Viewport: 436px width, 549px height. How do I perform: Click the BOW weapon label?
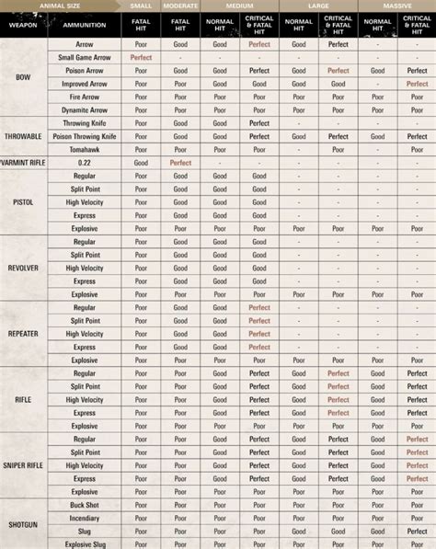tap(24, 76)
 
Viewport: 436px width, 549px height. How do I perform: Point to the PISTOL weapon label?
tap(24, 201)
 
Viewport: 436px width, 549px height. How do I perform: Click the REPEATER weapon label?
tap(24, 334)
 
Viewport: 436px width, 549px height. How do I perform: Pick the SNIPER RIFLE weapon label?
tap(24, 465)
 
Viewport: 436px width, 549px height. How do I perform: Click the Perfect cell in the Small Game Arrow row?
tap(142, 57)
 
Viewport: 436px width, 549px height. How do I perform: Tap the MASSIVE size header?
tap(397, 5)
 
